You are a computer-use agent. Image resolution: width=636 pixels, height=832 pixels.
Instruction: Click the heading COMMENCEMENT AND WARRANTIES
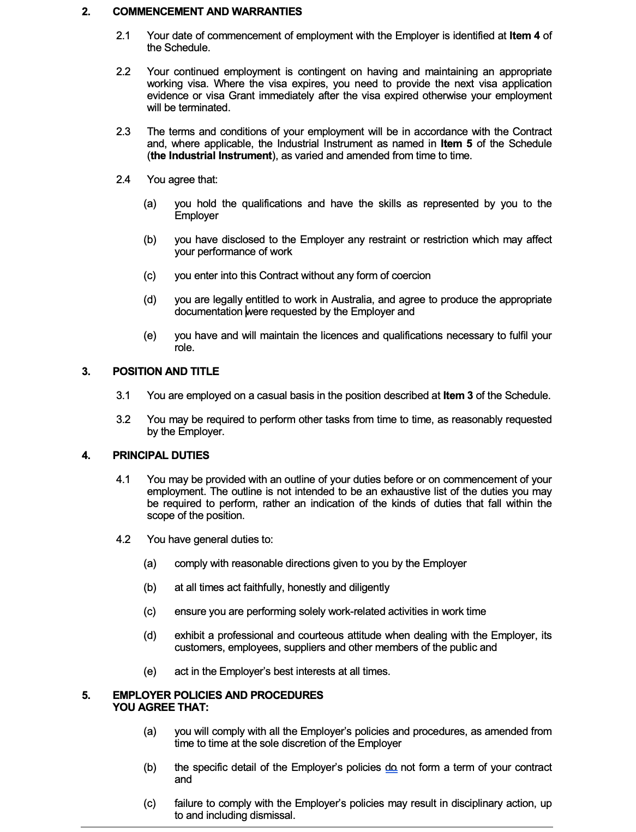(x=207, y=11)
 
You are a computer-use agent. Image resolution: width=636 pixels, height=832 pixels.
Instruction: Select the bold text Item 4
(x=525, y=35)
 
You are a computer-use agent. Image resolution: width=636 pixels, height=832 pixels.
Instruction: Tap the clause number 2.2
(x=123, y=71)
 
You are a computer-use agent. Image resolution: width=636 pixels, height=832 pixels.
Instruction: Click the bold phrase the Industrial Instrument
(x=211, y=155)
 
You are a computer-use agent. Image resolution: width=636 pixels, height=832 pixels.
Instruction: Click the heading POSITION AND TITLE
(x=166, y=371)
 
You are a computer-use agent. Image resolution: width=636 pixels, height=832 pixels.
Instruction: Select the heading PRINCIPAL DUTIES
(x=161, y=455)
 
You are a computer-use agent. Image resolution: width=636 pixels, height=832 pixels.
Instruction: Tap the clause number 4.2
(x=123, y=539)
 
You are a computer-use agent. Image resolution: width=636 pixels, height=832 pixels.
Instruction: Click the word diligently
(x=369, y=587)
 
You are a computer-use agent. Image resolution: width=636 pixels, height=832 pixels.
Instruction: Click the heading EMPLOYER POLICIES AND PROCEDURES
(x=218, y=695)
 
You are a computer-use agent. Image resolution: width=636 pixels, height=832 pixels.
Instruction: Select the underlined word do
(x=391, y=767)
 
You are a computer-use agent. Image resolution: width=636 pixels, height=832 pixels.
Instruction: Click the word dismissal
(x=274, y=815)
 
